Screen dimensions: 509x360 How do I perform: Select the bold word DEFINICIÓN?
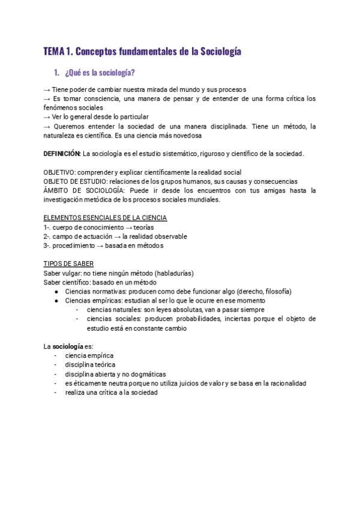62,154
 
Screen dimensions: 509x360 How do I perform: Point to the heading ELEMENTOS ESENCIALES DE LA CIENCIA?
105,218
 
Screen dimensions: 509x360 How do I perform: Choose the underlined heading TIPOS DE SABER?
68,264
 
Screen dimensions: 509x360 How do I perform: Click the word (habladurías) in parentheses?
173,273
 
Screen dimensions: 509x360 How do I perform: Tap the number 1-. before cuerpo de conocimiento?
47,227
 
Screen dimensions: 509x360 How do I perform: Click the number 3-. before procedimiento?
48,245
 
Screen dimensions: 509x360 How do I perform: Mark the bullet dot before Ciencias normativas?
56,292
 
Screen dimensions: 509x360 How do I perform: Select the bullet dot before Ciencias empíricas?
56,301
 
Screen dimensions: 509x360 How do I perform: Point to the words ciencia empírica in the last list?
89,356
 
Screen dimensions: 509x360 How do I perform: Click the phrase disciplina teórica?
90,365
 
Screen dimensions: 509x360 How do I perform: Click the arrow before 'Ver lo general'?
47,117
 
